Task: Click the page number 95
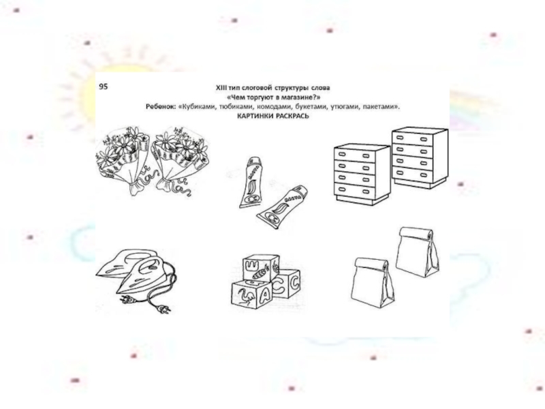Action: tap(104, 87)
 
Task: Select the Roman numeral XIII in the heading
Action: tap(221, 88)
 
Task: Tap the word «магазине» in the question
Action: tap(301, 97)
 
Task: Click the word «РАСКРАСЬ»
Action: tap(293, 116)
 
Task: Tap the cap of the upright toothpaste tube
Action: tap(254, 161)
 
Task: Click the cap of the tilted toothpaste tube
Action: tap(301, 190)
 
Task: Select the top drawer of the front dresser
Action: tap(354, 155)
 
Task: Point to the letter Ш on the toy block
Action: tap(250, 266)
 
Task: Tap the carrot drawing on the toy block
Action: tap(260, 273)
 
